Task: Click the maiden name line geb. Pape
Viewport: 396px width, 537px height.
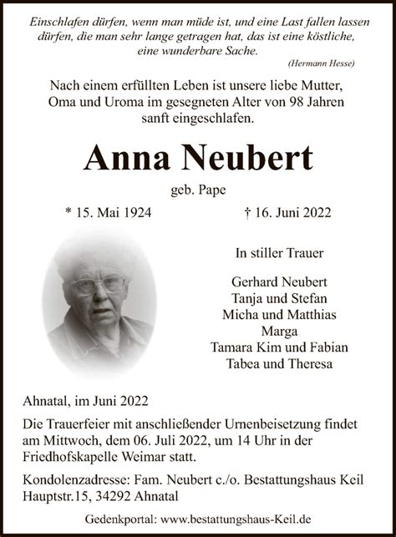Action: [x=198, y=190]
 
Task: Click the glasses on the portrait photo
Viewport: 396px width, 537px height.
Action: [x=98, y=283]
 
